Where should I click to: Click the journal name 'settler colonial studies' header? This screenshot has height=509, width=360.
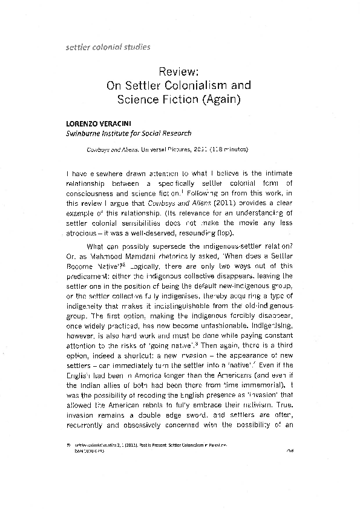point(108,47)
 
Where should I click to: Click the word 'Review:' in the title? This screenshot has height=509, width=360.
point(179,72)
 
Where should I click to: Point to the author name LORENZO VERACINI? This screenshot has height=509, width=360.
point(97,123)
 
